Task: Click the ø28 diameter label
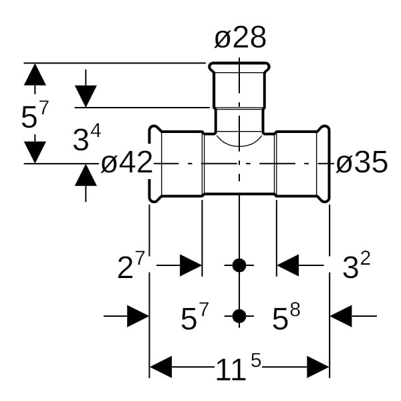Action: click(x=240, y=38)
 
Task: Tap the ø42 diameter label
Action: click(x=127, y=162)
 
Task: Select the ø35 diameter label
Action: click(x=361, y=162)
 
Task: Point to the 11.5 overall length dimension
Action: click(x=237, y=367)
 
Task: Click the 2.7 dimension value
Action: click(x=130, y=267)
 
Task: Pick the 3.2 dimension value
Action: click(x=356, y=267)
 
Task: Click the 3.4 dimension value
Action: click(x=86, y=139)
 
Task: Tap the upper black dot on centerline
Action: click(x=239, y=265)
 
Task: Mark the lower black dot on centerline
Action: click(x=239, y=316)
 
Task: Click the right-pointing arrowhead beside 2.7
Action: click(x=190, y=265)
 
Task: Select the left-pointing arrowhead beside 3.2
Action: click(x=288, y=265)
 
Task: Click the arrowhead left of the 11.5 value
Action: click(x=161, y=367)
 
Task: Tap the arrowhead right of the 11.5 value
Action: click(x=317, y=367)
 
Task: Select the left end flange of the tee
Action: click(x=154, y=162)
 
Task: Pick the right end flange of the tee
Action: click(x=323, y=162)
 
